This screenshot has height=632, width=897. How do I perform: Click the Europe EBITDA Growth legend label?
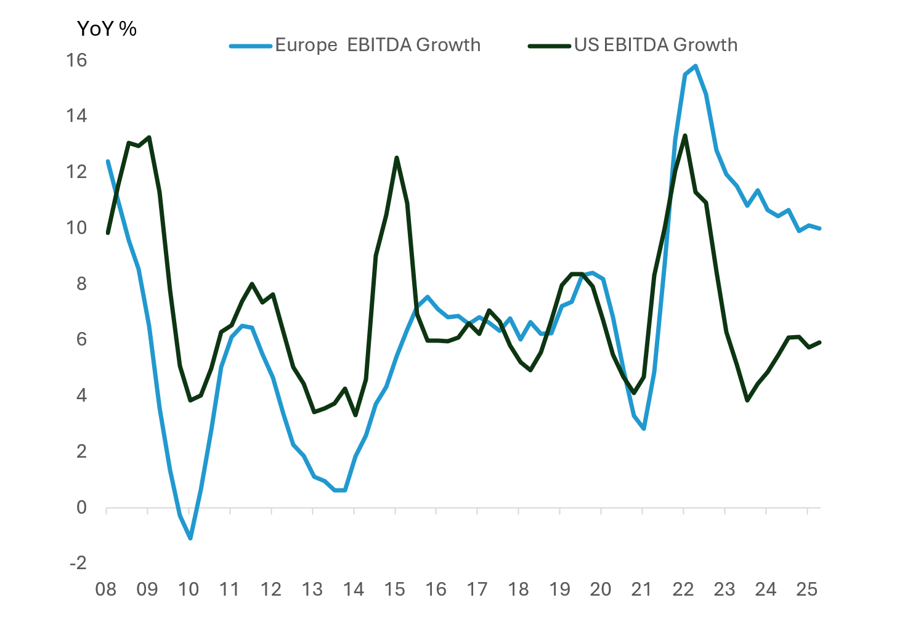pos(377,45)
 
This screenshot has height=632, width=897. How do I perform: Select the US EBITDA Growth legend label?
pos(655,45)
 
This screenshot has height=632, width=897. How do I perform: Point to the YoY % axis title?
pos(107,28)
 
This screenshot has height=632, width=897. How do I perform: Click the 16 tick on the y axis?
pos(77,60)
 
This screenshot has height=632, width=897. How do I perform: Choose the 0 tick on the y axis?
pos(81,508)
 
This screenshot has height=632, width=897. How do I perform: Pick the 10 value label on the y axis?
pos(77,228)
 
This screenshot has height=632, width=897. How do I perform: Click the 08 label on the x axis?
pos(106,589)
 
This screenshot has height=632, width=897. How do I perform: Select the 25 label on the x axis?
pos(807,589)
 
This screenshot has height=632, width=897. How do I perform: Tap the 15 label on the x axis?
pos(395,589)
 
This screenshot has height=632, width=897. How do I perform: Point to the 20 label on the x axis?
pos(601,589)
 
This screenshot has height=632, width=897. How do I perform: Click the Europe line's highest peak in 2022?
pos(696,66)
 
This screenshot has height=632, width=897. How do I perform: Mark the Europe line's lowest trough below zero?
pos(190,538)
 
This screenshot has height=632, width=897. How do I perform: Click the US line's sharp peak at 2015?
pos(396,158)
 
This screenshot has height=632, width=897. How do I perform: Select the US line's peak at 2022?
pos(685,136)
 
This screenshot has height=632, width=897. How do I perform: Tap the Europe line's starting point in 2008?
pos(108,161)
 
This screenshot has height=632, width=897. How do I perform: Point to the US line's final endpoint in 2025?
pos(819,342)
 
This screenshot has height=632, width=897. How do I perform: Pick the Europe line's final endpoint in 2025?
pos(819,229)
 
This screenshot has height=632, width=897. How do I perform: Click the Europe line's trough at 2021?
pos(644,429)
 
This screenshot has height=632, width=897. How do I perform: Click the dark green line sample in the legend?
pos(550,46)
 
